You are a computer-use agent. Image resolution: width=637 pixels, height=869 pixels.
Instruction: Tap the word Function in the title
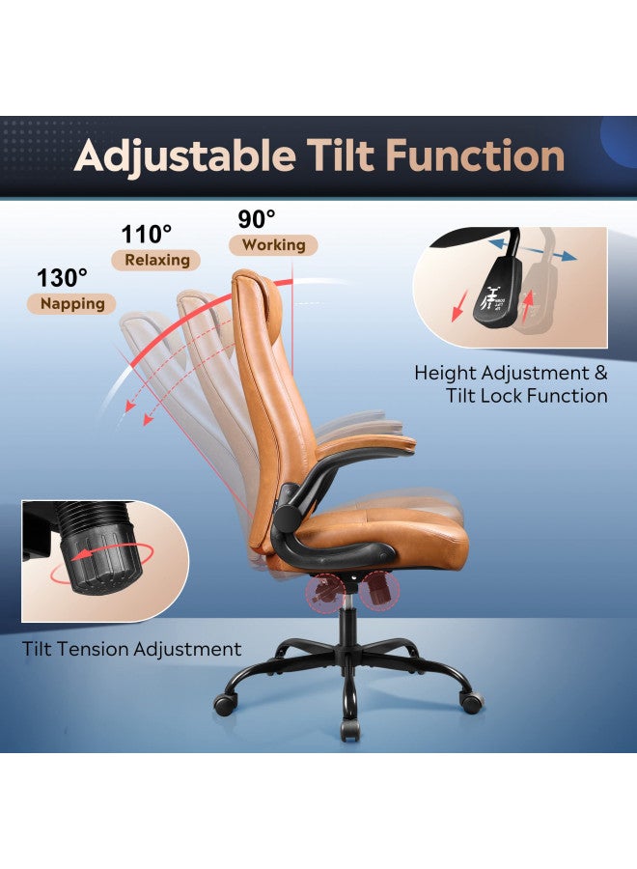pyautogui.click(x=485, y=156)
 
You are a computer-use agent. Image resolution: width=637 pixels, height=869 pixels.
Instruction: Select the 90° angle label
pyautogui.click(x=256, y=219)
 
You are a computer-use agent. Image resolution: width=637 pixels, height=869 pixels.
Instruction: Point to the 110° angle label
pyautogui.click(x=147, y=234)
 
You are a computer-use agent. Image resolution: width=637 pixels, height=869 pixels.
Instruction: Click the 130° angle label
pyautogui.click(x=63, y=277)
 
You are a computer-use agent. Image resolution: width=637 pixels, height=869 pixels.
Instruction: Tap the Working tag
pyautogui.click(x=273, y=245)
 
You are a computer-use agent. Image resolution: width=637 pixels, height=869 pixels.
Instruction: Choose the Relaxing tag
pyautogui.click(x=156, y=260)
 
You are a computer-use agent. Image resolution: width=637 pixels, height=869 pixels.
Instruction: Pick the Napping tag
pyautogui.click(x=72, y=303)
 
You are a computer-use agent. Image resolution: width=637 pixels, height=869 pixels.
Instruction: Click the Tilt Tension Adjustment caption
pyautogui.click(x=132, y=649)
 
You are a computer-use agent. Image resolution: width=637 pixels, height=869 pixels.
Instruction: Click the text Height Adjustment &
pyautogui.click(x=512, y=373)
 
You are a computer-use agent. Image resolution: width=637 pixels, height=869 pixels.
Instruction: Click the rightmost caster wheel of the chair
pyautogui.click(x=470, y=702)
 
